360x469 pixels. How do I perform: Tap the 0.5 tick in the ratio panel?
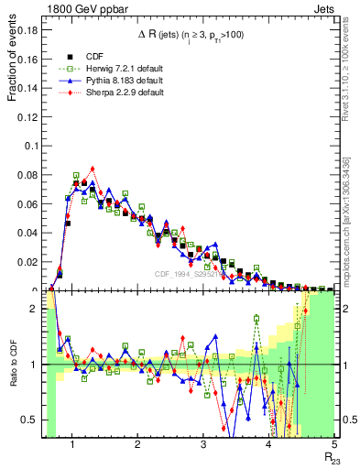pos(30,420)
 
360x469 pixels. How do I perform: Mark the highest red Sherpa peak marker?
pos(93,169)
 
